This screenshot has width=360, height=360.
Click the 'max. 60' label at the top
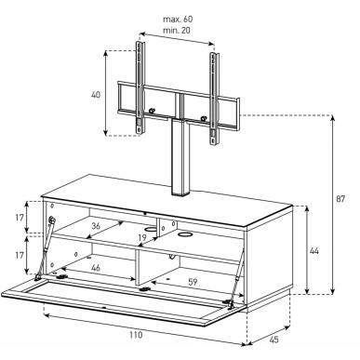178,20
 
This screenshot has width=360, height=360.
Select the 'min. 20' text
177,31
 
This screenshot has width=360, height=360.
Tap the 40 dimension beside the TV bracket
96,95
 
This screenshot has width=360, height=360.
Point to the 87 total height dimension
340,199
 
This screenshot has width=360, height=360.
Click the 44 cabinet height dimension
314,250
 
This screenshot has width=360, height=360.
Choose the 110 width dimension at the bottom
136,335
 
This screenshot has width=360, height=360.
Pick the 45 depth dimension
273,340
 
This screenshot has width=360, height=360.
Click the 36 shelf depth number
96,226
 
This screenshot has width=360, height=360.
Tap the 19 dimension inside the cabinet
142,238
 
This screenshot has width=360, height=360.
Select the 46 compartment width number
96,267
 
